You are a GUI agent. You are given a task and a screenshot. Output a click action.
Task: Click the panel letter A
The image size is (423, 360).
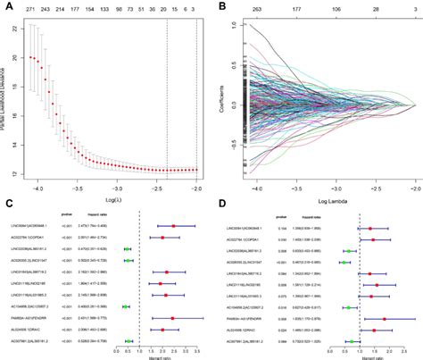(6, 6)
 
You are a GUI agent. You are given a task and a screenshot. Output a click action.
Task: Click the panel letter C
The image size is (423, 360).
(6, 205)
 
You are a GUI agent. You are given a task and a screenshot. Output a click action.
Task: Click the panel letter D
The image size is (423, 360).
(220, 205)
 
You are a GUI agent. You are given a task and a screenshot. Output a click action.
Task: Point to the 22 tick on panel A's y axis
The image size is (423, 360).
(19, 29)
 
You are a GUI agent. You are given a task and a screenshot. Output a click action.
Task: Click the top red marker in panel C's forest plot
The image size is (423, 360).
(173, 226)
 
